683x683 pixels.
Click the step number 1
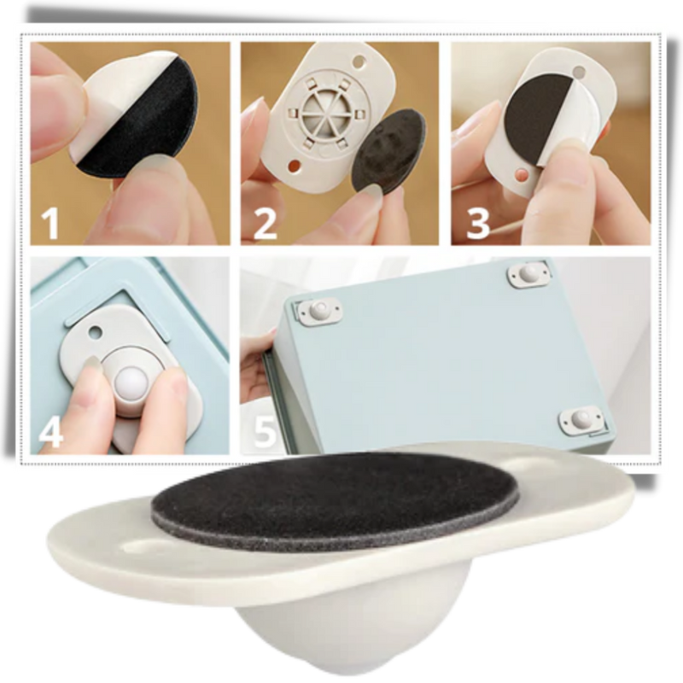(50, 222)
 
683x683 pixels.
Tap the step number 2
(265, 223)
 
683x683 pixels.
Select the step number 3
(478, 223)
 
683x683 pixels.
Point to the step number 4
(51, 433)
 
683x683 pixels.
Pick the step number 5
(265, 431)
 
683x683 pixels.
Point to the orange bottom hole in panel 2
(295, 166)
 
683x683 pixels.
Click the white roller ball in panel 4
(131, 384)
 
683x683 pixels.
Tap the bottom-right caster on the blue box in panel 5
(581, 421)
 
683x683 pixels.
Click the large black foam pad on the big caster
(336, 500)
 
